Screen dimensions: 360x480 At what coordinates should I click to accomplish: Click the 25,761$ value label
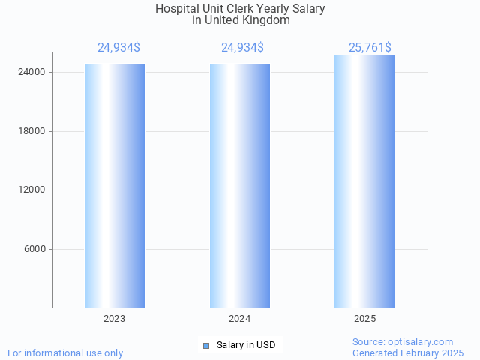(370, 48)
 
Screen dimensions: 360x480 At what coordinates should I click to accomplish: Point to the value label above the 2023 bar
(118, 48)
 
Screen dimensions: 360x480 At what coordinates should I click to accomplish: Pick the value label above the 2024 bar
(242, 48)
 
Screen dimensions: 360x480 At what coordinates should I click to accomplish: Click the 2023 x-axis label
(115, 319)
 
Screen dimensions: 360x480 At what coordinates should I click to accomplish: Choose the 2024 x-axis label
(240, 319)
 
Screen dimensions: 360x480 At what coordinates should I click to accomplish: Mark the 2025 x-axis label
(364, 319)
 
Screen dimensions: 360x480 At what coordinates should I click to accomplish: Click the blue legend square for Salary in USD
(205, 345)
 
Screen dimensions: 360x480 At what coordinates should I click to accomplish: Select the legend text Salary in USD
(246, 345)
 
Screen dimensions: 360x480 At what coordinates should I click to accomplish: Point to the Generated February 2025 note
(408, 352)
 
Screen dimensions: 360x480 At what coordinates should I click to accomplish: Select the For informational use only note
(65, 352)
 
